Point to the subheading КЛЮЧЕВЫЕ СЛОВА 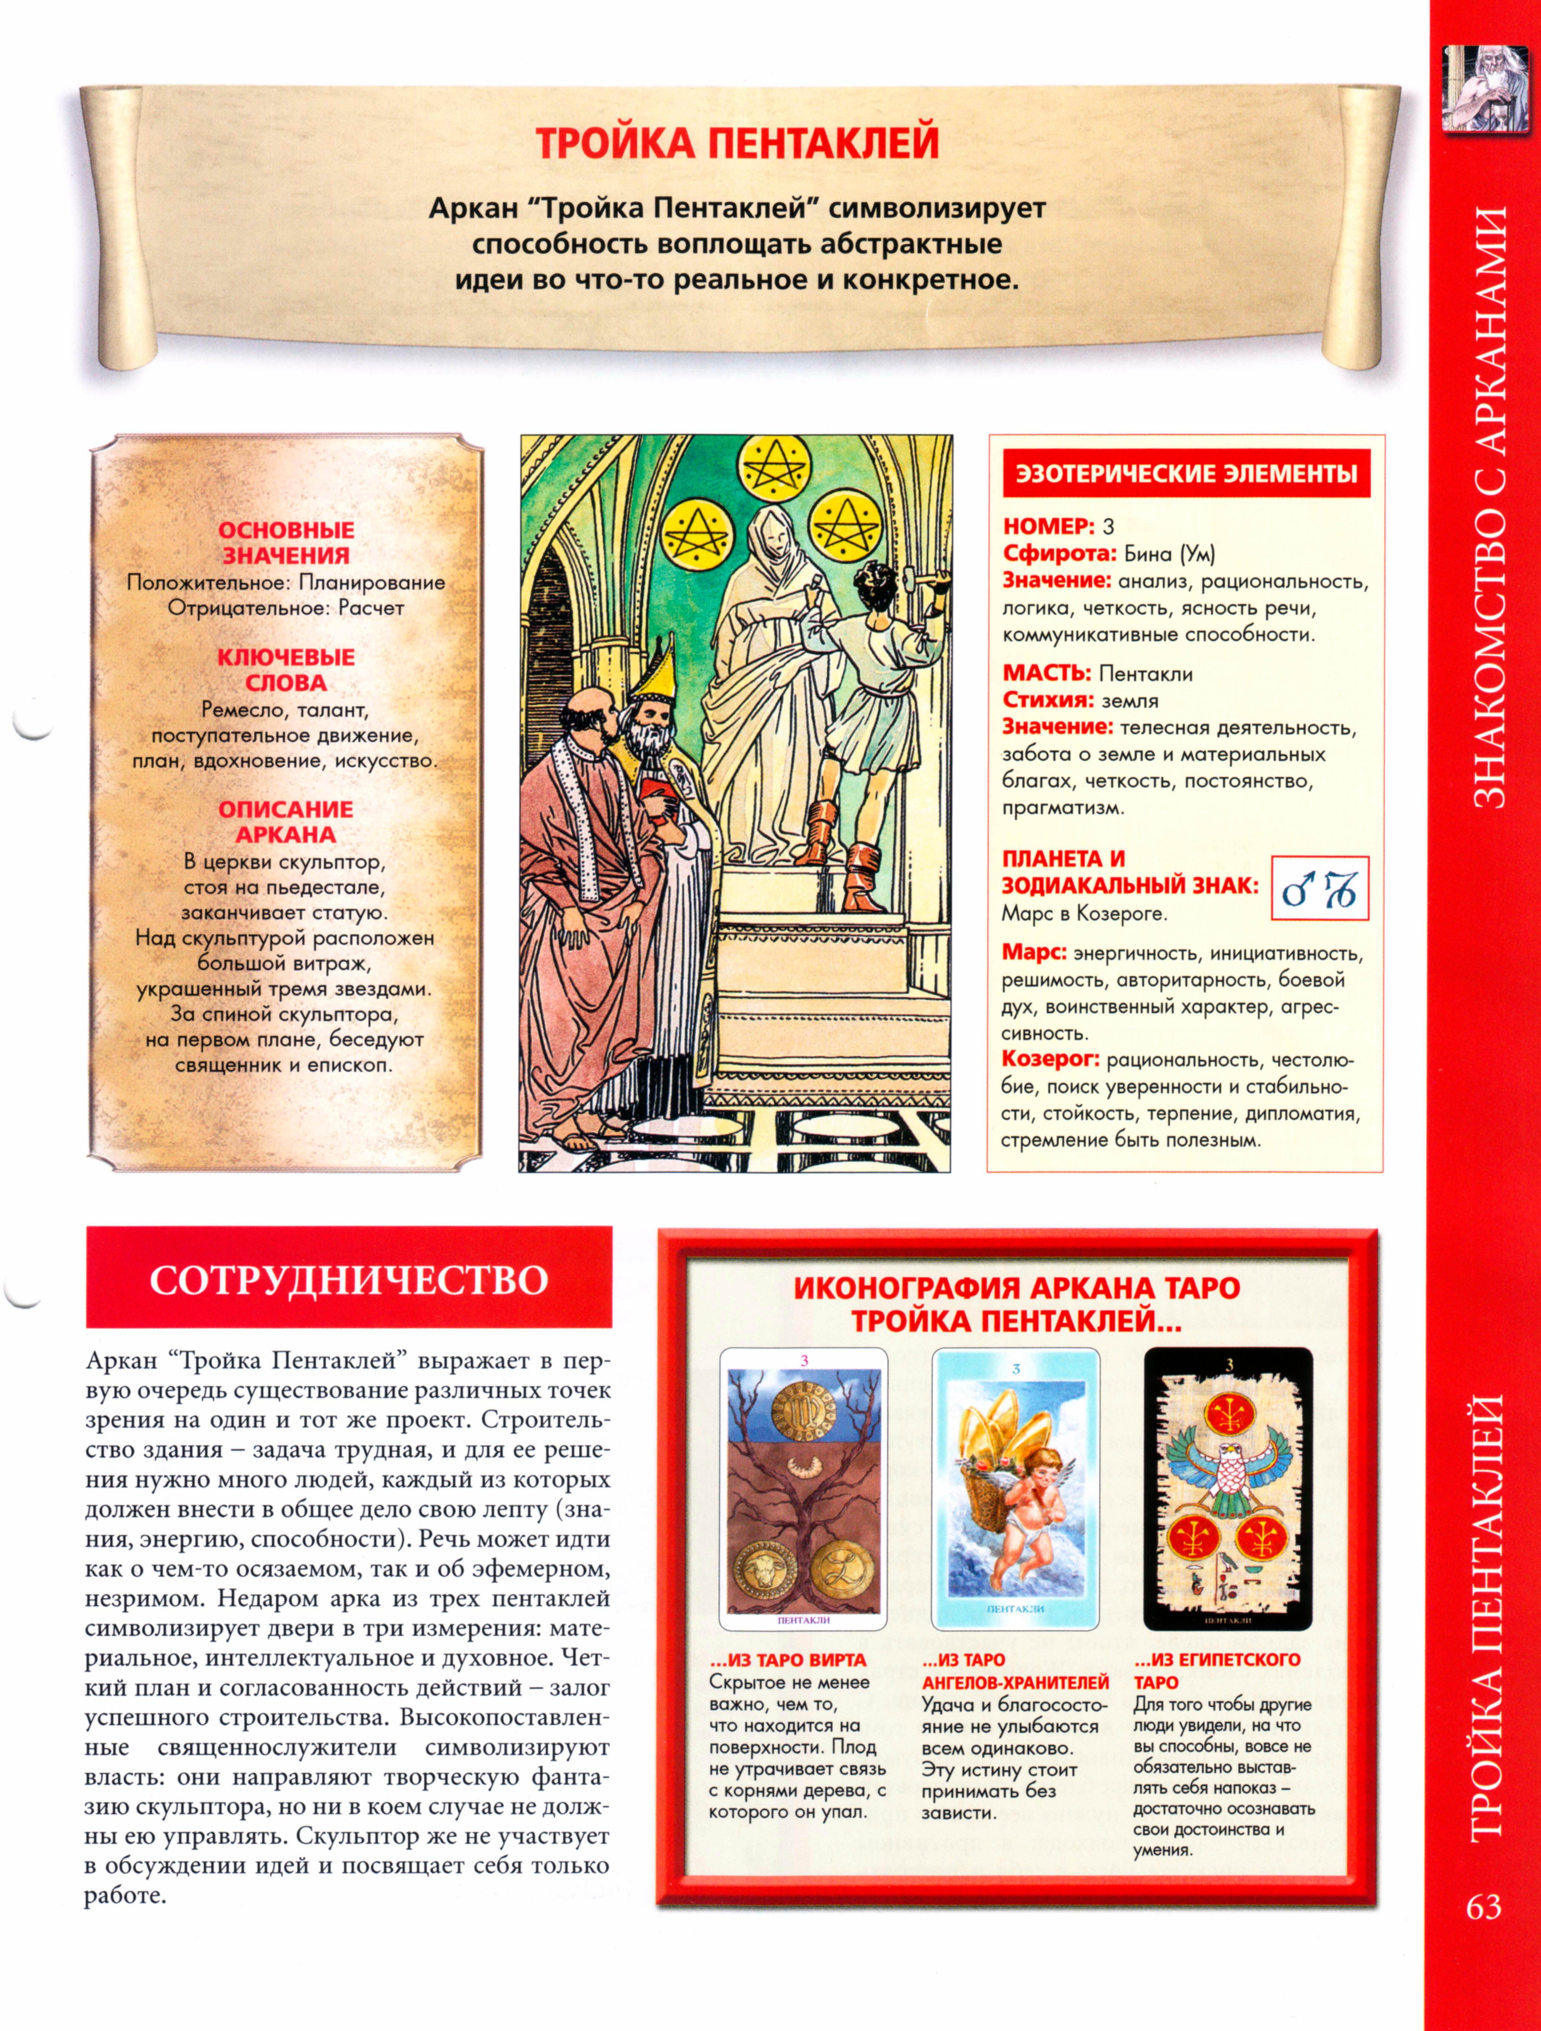pyautogui.click(x=286, y=669)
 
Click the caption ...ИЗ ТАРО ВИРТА pyautogui.click(x=788, y=1660)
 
